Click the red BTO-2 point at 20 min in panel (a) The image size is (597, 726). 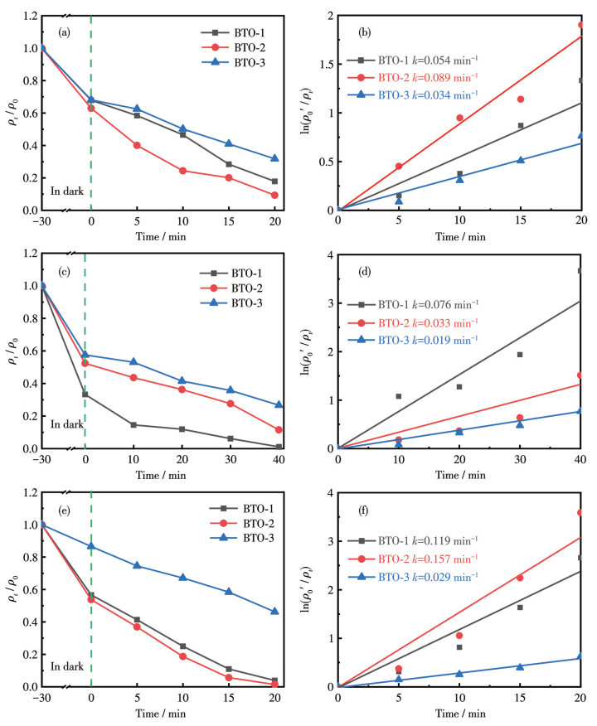point(274,196)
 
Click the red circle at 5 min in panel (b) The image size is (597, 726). point(399,167)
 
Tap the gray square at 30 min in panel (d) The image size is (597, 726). point(520,355)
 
